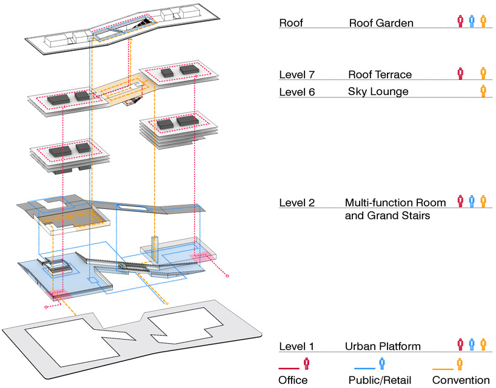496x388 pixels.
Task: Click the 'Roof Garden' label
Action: pyautogui.click(x=381, y=23)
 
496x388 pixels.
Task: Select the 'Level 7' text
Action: pyautogui.click(x=297, y=74)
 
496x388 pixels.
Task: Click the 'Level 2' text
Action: pyautogui.click(x=297, y=202)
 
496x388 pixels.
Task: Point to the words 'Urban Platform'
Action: pyautogui.click(x=383, y=346)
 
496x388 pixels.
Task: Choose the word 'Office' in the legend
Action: pyautogui.click(x=293, y=380)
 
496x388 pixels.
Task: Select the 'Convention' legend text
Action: pyautogui.click(x=461, y=380)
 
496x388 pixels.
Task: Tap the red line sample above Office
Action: pyautogui.click(x=289, y=368)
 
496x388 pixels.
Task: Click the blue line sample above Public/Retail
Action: pyautogui.click(x=366, y=368)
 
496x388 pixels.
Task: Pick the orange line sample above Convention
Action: pyautogui.click(x=444, y=368)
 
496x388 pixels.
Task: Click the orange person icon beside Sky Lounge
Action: pyautogui.click(x=483, y=91)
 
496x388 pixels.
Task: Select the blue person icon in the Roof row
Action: pyautogui.click(x=472, y=21)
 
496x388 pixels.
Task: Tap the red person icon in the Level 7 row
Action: pyautogui.click(x=460, y=74)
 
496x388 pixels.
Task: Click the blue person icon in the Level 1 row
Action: pyautogui.click(x=472, y=344)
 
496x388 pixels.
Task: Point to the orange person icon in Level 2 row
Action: pyautogui.click(x=483, y=201)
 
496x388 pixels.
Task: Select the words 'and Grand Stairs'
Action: pyautogui.click(x=383, y=215)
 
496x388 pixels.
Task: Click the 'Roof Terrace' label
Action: pyautogui.click(x=380, y=74)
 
